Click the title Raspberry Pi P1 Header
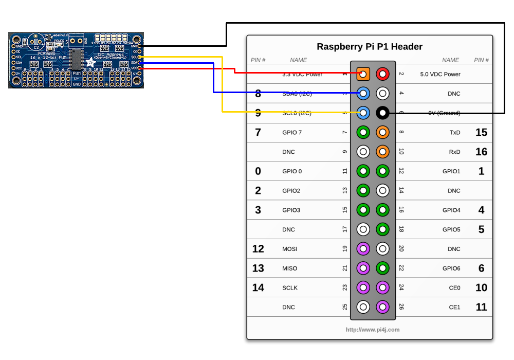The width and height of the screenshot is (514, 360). [370, 47]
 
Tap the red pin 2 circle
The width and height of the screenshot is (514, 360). [382, 74]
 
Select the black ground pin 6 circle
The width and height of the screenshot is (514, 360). [382, 113]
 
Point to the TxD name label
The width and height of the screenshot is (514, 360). [454, 132]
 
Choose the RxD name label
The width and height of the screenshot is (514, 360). [454, 152]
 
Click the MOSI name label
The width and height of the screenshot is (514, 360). [290, 249]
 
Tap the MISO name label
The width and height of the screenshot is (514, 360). [290, 268]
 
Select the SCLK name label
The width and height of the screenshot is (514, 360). [290, 287]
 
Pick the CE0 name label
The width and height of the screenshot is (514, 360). [454, 287]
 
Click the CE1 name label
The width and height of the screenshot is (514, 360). [454, 307]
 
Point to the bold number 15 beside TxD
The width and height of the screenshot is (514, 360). [481, 132]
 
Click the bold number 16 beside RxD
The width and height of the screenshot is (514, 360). [481, 152]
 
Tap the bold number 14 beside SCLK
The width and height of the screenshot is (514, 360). [258, 287]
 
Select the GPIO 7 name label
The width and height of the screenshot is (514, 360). [292, 132]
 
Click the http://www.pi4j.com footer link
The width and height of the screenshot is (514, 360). [373, 330]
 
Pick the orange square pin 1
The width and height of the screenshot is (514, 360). [363, 74]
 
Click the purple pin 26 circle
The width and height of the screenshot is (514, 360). [382, 307]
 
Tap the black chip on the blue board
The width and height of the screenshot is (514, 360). [77, 59]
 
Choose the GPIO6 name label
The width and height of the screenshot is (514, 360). [451, 268]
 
